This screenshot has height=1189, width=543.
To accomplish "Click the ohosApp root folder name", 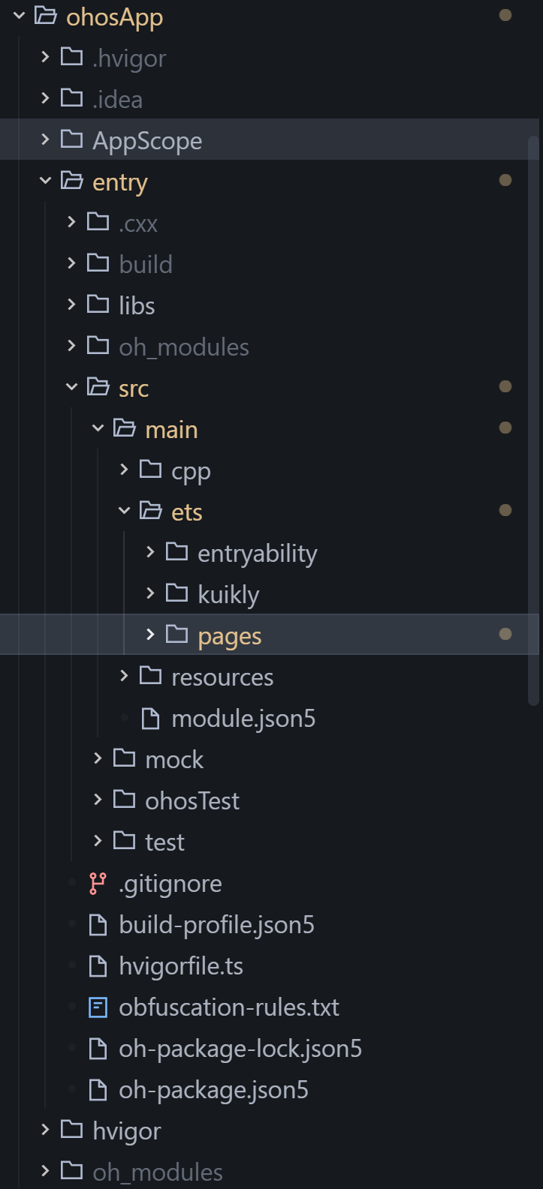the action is click(114, 17).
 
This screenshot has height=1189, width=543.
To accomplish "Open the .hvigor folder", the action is click(128, 58).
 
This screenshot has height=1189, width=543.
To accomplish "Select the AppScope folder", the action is click(146, 140).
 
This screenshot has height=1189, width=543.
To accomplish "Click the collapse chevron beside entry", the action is click(46, 181).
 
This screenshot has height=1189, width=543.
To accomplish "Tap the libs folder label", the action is click(137, 305).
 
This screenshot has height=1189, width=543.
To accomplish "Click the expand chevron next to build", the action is click(71, 263).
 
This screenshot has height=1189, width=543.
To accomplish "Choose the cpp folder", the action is click(191, 470).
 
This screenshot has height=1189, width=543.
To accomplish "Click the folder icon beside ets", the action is click(151, 511).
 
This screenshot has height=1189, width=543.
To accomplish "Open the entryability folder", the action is click(257, 553).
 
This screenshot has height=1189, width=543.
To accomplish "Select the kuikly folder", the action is click(228, 594).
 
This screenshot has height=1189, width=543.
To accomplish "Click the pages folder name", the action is click(229, 635).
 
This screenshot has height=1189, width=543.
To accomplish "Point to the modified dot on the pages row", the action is click(505, 634).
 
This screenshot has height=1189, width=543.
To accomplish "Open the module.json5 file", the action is click(243, 718).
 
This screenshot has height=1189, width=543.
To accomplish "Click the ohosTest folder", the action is click(192, 800).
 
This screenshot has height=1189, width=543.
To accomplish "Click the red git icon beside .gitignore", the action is click(98, 883).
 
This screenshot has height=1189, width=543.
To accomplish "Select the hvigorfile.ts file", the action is click(181, 965).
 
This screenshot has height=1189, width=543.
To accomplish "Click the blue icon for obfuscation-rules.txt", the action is click(98, 1007).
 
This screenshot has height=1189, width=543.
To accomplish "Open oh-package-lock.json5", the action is click(240, 1048).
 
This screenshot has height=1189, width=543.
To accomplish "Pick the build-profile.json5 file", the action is click(216, 924).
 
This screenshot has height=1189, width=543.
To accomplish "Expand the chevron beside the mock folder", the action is click(98, 758).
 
